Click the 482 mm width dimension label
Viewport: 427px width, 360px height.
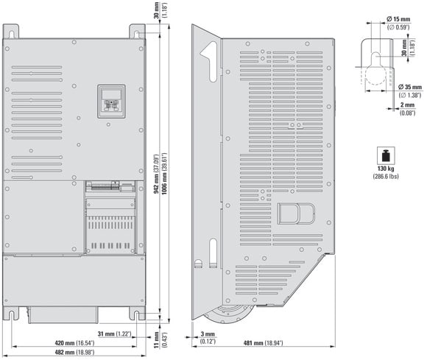point(74,352)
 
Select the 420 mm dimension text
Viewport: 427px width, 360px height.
point(74,343)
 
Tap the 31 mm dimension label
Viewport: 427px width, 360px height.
point(115,333)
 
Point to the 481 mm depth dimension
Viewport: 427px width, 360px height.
point(263,343)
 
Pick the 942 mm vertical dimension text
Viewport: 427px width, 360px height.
point(156,174)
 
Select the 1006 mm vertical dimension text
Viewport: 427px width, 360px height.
point(164,174)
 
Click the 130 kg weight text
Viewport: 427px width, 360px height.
point(386,169)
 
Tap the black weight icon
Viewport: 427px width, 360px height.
point(386,156)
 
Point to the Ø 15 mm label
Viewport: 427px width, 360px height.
point(398,19)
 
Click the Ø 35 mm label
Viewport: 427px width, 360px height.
point(410,87)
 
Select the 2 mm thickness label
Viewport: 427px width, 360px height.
point(407,105)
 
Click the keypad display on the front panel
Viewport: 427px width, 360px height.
point(111,94)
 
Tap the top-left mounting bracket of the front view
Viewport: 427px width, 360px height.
point(11,32)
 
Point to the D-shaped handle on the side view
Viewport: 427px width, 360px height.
point(296,213)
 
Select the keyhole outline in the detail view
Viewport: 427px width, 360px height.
point(375,67)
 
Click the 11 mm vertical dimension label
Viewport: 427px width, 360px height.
point(157,339)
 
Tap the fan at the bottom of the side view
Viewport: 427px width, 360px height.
point(228,314)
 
